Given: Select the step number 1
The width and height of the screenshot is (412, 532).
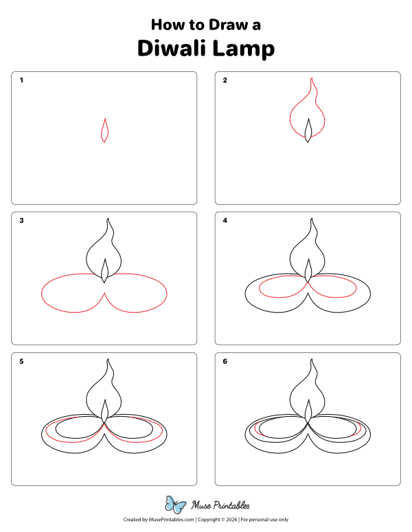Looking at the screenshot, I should point(22,80).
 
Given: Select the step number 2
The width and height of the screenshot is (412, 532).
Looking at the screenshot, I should point(225,80).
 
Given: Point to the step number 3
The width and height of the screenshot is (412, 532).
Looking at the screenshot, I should point(22,221).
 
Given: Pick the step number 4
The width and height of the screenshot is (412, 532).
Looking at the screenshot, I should point(225,221).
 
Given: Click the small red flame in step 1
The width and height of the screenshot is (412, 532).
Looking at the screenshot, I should point(104,130).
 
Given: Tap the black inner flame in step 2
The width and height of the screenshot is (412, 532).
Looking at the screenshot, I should point(308,130).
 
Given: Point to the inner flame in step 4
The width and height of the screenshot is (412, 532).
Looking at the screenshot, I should point(308,270).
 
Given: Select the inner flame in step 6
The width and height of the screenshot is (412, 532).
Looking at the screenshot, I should point(308,411).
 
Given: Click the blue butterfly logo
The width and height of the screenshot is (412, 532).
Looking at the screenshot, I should point(176,505).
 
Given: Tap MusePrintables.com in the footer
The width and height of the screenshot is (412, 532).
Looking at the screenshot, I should point(171,520).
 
